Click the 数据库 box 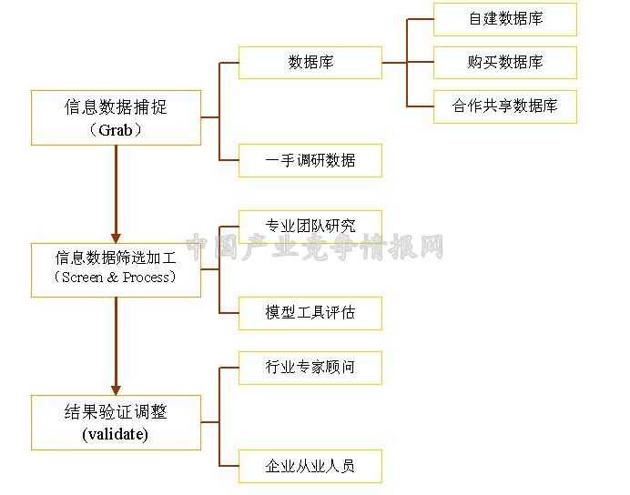(310, 63)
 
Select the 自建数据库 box (505, 19)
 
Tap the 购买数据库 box (505, 63)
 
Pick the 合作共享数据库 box (505, 106)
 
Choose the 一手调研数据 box (310, 160)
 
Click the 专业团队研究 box (310, 227)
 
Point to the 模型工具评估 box (310, 313)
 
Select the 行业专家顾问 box (310, 368)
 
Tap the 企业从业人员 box (310, 466)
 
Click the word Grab (116, 130)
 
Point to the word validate (116, 434)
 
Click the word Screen (82, 277)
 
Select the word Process (147, 277)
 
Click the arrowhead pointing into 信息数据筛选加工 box (116, 238)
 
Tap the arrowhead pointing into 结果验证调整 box (116, 390)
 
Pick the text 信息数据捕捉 (116, 107)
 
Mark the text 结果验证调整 (116, 412)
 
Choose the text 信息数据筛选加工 (116, 258)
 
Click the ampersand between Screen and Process (113, 277)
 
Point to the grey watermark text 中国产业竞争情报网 (315, 247)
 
